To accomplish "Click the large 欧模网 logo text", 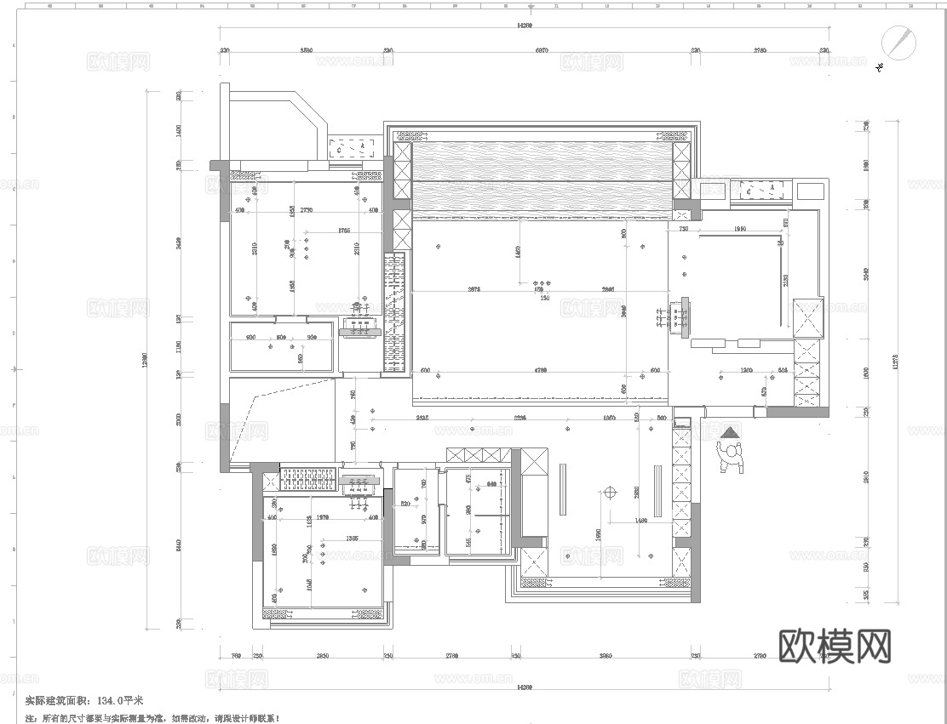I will click(x=835, y=647).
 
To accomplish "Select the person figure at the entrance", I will click(x=731, y=454).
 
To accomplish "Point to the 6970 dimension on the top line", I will click(x=542, y=51).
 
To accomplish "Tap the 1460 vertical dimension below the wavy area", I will click(x=518, y=253).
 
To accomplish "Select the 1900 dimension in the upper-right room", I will click(x=740, y=229).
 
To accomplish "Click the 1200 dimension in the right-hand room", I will click(x=747, y=371).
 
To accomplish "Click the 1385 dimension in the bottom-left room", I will click(x=350, y=539).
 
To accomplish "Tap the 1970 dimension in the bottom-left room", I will click(x=322, y=516).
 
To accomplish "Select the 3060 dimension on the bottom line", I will click(x=606, y=657).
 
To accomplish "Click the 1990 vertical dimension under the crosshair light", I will click(x=600, y=533).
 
